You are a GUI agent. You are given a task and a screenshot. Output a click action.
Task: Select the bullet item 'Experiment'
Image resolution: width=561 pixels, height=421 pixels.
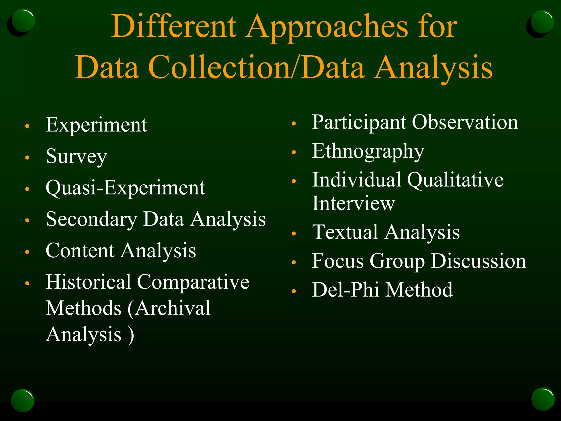coord(96,125)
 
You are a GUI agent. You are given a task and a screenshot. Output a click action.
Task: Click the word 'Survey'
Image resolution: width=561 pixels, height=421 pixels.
coord(76,157)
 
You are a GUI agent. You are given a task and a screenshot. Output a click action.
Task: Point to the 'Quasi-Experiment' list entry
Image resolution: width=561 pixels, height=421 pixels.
coord(125,188)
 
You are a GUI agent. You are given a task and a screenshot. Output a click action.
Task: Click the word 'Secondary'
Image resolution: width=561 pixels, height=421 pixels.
coord(91,220)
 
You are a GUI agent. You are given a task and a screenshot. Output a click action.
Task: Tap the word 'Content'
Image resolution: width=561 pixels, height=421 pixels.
coord(80,251)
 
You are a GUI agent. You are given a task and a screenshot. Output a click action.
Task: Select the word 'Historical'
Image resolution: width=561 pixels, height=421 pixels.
coord(88,282)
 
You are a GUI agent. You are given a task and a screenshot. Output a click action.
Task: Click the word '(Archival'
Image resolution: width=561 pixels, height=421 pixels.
coord(169,308)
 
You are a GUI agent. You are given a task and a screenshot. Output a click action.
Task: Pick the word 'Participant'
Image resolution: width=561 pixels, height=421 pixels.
coord(359,122)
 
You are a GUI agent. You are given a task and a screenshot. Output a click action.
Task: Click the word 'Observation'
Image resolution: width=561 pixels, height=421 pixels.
coord(465,122)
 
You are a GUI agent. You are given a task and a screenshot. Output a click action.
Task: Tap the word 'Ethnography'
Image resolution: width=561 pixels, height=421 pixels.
coord(368,152)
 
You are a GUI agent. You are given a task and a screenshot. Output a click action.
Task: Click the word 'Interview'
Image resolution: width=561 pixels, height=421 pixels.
coord(353,203)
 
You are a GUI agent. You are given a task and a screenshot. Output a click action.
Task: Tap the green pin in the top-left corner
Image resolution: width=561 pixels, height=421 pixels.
coord(23,20)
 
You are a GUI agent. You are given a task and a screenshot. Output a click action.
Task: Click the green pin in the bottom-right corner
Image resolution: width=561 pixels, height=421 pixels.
coord(543,399)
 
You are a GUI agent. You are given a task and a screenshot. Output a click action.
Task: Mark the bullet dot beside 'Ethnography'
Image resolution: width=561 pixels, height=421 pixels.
coord(294,152)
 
